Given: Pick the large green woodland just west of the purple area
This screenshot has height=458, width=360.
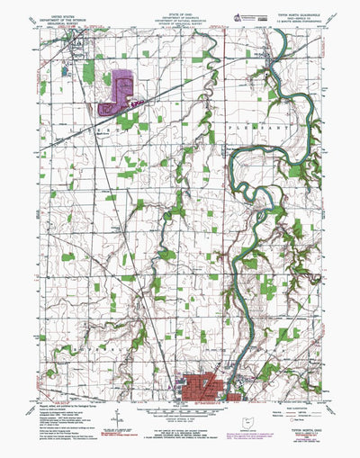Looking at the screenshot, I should pyautogui.click(x=89, y=70).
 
